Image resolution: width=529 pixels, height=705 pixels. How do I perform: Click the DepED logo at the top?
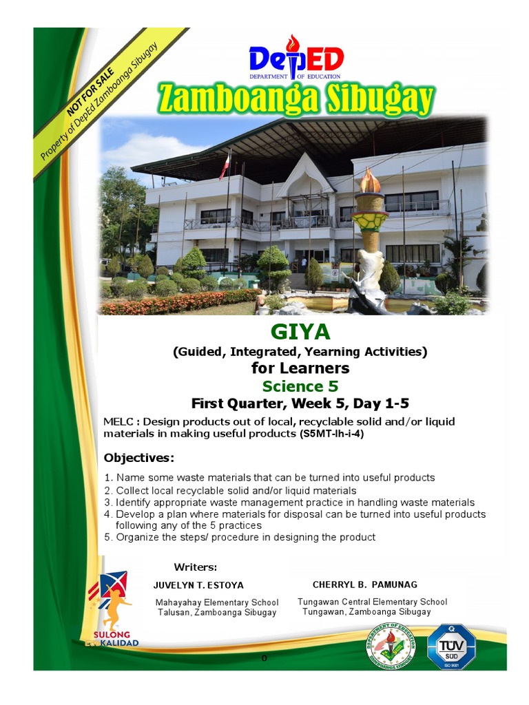[295, 59]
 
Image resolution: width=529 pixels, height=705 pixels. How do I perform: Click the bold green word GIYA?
[300, 333]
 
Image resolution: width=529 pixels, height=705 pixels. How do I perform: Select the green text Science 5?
[300, 386]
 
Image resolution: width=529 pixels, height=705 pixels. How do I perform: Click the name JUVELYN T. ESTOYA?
[198, 585]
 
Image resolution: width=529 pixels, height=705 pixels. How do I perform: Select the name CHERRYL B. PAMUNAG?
[365, 585]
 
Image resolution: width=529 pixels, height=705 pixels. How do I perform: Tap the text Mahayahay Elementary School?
[217, 602]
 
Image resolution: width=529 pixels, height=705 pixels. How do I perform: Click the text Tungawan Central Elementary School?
[372, 602]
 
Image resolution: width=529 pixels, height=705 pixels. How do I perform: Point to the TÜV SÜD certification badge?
[451, 646]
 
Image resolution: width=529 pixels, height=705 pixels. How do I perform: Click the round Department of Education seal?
[391, 647]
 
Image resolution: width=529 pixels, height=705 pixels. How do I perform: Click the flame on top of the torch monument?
[371, 182]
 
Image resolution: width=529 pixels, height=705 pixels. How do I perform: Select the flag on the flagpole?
[225, 167]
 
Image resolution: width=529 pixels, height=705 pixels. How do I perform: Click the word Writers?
[196, 567]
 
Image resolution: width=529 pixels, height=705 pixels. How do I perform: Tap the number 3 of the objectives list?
[107, 503]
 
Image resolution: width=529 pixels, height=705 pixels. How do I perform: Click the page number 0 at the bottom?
[264, 659]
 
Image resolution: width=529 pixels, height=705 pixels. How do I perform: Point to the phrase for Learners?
[300, 368]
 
